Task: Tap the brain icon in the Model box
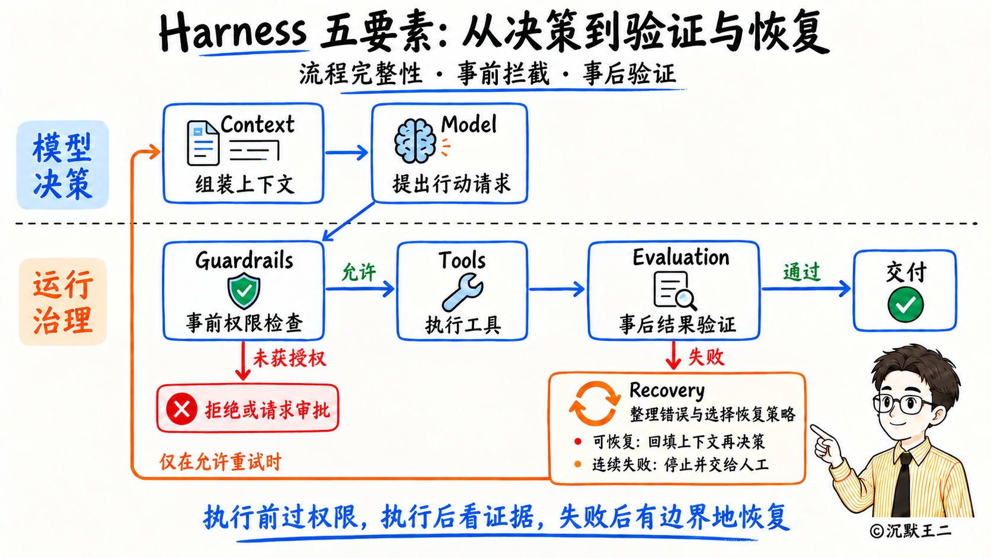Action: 414,141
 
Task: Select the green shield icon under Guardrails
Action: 244,291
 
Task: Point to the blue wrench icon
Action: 462,292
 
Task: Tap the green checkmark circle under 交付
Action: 905,304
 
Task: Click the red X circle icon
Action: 182,409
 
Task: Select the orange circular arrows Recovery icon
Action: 594,403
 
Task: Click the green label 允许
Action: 359,272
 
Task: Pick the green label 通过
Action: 802,272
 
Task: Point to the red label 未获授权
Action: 290,358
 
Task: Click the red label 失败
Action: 707,356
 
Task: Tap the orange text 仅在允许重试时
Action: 220,462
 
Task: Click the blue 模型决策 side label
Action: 62,165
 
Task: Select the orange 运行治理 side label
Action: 63,302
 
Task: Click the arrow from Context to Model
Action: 346,152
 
